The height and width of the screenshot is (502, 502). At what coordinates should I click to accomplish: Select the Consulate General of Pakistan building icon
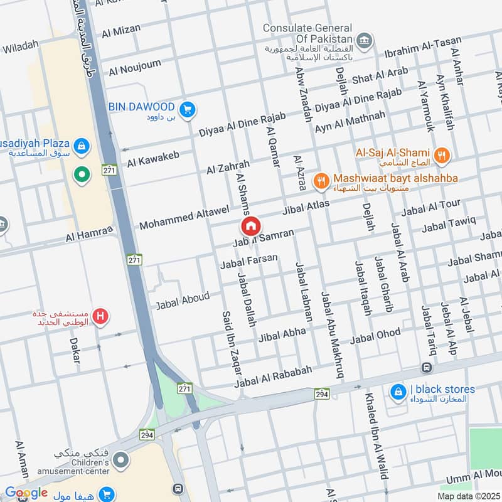click(363, 42)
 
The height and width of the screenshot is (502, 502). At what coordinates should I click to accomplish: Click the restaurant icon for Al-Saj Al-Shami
click(442, 154)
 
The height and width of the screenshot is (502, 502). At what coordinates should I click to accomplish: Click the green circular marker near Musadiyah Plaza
click(80, 175)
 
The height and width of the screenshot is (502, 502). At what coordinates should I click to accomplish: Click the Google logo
click(26, 493)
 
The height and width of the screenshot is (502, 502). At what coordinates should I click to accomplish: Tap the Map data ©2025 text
click(467, 496)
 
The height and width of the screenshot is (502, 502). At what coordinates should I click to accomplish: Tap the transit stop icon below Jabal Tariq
click(427, 367)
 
